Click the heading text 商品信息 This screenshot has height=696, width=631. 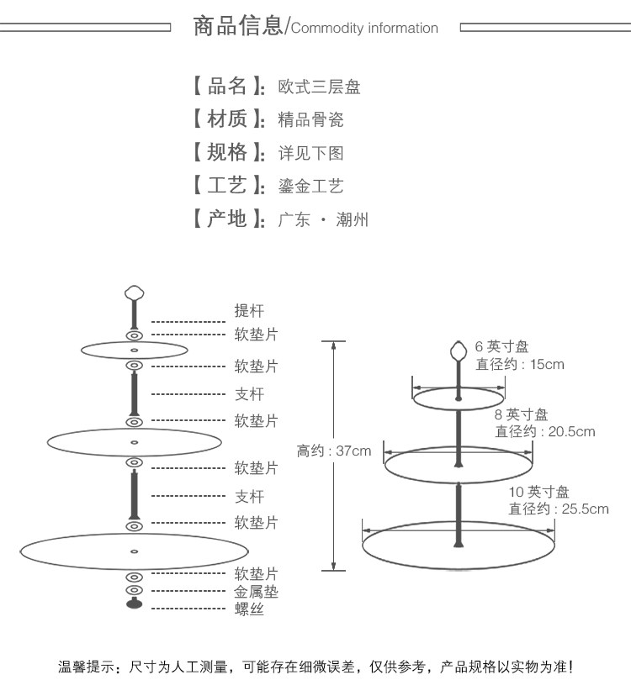pyautogui.click(x=239, y=27)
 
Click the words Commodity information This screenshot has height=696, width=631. pyautogui.click(x=364, y=29)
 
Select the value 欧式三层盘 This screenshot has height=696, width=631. pyautogui.click(x=319, y=87)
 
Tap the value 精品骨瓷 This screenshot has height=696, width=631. pyautogui.click(x=310, y=120)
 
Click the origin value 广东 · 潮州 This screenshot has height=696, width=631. pyautogui.click(x=323, y=220)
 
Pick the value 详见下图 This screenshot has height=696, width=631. pyautogui.click(x=310, y=154)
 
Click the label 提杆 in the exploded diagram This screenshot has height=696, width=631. pyautogui.click(x=248, y=312)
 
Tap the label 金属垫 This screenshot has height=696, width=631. pyautogui.click(x=256, y=592)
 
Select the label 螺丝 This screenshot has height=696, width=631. pyautogui.click(x=248, y=609)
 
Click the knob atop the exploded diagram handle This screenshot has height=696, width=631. pyautogui.click(x=134, y=293)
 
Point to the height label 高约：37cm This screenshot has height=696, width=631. pyautogui.click(x=333, y=451)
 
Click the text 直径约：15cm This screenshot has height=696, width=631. pyautogui.click(x=520, y=364)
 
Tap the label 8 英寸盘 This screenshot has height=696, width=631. pyautogui.click(x=521, y=414)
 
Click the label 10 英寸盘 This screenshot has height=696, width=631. pyautogui.click(x=539, y=492)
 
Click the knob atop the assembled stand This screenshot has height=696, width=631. pyautogui.click(x=459, y=351)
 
